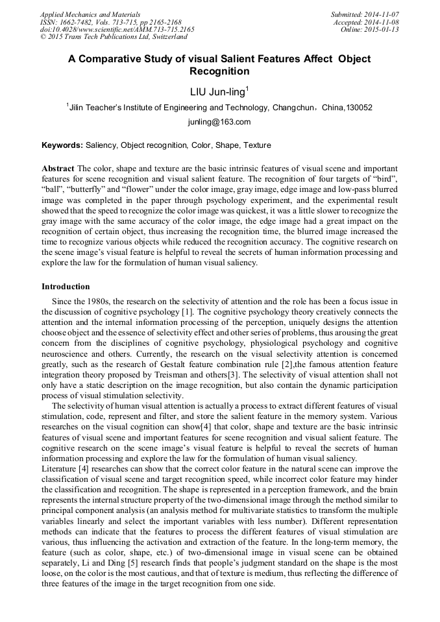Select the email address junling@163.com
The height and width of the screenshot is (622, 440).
click(219, 122)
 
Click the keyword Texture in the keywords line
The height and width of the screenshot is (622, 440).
click(257, 145)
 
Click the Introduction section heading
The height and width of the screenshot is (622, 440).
click(66, 287)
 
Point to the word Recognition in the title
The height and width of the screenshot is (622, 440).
click(219, 71)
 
